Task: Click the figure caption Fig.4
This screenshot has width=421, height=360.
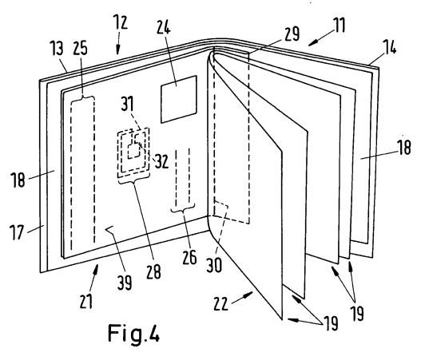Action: [133, 334]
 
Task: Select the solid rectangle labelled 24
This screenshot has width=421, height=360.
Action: [179, 99]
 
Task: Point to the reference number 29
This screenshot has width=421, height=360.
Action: [292, 34]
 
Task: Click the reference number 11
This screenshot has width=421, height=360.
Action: [339, 25]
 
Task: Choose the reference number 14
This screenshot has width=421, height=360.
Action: [389, 47]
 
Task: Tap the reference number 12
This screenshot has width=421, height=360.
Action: [120, 22]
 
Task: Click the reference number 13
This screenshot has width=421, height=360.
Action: [57, 48]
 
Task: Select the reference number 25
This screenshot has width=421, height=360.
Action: [80, 48]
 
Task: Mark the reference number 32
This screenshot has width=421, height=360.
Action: [161, 161]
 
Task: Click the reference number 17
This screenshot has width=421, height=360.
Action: [17, 232]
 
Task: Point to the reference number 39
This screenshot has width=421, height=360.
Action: [125, 283]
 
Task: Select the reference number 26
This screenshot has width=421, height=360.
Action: [189, 257]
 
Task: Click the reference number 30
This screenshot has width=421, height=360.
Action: [214, 265]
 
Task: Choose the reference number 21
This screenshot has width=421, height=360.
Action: [86, 301]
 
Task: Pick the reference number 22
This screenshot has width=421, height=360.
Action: [220, 304]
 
